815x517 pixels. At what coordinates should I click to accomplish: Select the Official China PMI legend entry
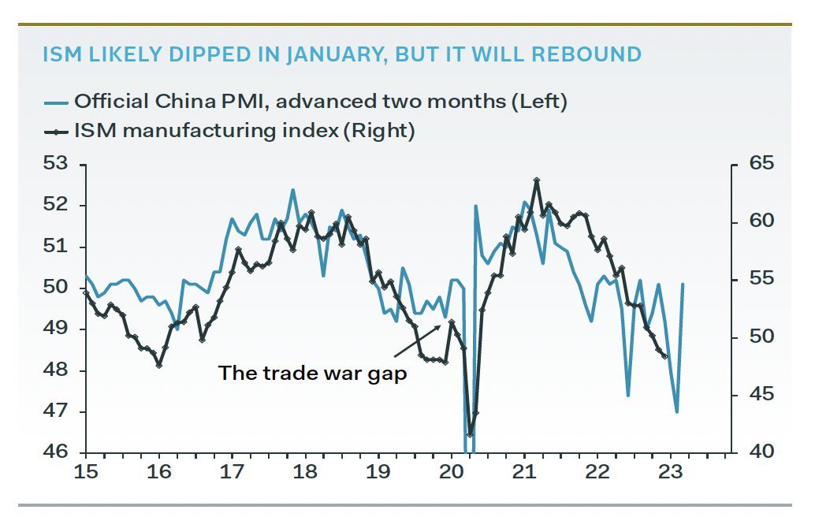pyautogui.click(x=320, y=101)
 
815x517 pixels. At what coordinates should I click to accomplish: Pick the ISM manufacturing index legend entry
pyautogui.click(x=244, y=130)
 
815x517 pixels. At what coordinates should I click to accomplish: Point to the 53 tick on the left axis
pyautogui.click(x=56, y=165)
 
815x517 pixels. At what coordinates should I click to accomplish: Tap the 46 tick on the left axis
pyautogui.click(x=56, y=453)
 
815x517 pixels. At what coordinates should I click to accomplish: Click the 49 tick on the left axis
pyautogui.click(x=56, y=329)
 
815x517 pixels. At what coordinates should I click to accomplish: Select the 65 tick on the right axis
pyautogui.click(x=762, y=165)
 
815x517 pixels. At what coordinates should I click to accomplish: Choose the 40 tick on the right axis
pyautogui.click(x=762, y=453)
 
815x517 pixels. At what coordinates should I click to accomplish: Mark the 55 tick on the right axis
pyautogui.click(x=762, y=280)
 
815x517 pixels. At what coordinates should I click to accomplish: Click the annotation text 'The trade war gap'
pyautogui.click(x=312, y=373)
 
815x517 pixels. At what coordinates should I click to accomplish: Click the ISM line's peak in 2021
pyautogui.click(x=537, y=180)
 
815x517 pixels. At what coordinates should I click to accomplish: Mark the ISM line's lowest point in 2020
pyautogui.click(x=471, y=434)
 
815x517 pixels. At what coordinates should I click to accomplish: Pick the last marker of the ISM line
pyautogui.click(x=664, y=356)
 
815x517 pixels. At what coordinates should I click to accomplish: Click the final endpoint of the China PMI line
pyautogui.click(x=683, y=285)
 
